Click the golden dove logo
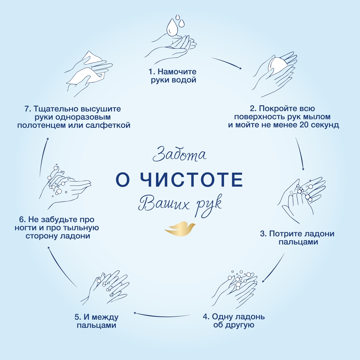(x=180, y=229)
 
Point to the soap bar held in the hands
(x=278, y=66)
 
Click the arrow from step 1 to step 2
(x=226, y=63)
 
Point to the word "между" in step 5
(x=106, y=317)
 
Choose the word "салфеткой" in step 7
(x=108, y=125)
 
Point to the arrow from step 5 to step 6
(x=62, y=267)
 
